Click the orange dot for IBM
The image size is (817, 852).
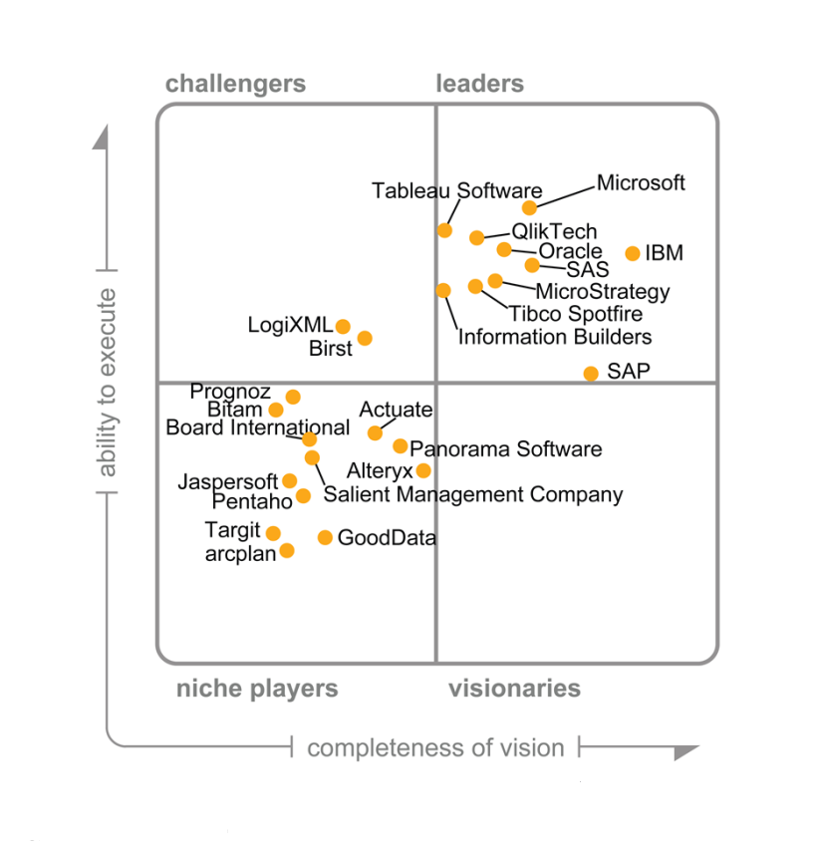[x=633, y=253]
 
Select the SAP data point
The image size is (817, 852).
[x=591, y=373]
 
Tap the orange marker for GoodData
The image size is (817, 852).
[x=325, y=537]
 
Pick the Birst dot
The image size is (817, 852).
[x=365, y=338]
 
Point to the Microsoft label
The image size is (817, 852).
[x=641, y=183]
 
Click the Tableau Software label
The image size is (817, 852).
[x=457, y=190]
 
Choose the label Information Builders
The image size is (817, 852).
[x=555, y=337]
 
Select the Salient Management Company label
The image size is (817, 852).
[x=473, y=494]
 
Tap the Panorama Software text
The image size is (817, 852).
[x=506, y=448]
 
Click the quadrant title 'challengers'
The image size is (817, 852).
[x=235, y=84]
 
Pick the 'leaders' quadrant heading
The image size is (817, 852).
[x=480, y=84]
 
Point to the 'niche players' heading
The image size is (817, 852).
[x=257, y=689]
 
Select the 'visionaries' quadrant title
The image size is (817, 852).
[x=514, y=689]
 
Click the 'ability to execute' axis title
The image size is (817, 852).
[x=108, y=383]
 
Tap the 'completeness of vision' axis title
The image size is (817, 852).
[x=435, y=747]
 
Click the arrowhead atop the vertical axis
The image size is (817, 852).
[x=101, y=138]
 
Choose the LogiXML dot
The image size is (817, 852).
[x=343, y=326]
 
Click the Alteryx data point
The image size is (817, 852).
[x=423, y=470]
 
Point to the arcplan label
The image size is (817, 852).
[x=240, y=554]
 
